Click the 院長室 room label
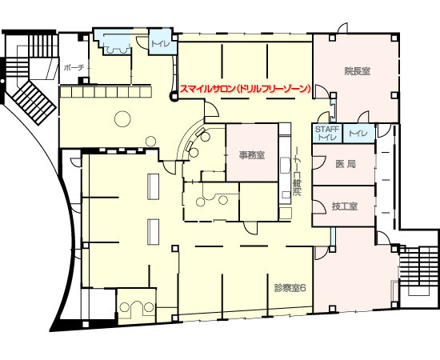[x=358, y=71]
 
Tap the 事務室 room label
[x=252, y=155]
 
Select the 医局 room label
[x=346, y=164]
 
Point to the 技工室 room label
[x=345, y=206]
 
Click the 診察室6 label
[x=290, y=288]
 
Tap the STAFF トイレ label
[x=327, y=134]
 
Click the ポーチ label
[x=74, y=68]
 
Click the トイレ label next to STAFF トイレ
[x=358, y=133]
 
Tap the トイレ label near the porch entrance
[x=160, y=44]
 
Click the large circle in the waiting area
[x=122, y=118]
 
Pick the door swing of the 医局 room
[x=319, y=162]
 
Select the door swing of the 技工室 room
[x=319, y=207]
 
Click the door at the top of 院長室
[x=343, y=28]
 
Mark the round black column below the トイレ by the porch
[x=174, y=97]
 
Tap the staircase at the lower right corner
[x=419, y=270]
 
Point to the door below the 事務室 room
[x=250, y=227]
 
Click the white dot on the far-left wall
[x=2, y=81]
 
